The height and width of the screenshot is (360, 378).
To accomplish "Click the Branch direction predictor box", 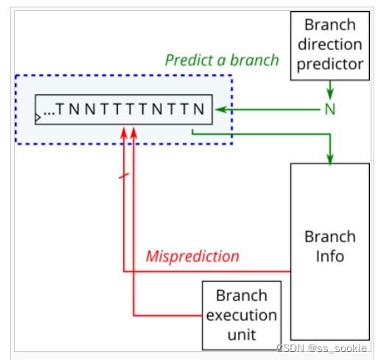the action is pos(330,46).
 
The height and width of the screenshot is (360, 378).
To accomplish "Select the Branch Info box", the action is pos(330,252).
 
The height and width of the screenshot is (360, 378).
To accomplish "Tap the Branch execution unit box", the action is pos(242,315).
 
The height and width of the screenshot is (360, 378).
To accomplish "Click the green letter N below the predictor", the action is pos(330,109).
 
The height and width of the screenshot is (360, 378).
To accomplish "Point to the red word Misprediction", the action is pos(192,256).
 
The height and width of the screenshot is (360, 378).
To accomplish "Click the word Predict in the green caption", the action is pos(189,60).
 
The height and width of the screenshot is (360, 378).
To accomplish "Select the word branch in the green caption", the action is pos(255,60).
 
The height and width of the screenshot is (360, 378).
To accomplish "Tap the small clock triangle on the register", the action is pos(38,118).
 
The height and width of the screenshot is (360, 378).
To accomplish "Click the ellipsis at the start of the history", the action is pos(49,113).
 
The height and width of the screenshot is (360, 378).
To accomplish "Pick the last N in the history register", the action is pos(199,109).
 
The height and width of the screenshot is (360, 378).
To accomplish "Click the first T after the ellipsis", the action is pos(60,109).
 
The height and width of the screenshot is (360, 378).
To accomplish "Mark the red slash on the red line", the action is pos(124,176).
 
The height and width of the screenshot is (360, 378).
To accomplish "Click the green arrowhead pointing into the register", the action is pos(220,110).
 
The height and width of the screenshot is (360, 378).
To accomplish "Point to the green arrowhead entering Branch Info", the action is pos(330,159).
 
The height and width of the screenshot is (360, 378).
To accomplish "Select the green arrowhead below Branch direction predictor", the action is pos(330,94).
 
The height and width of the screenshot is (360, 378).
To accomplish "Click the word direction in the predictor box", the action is pos(330,44).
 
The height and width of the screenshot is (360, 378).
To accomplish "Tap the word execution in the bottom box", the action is pos(242,315).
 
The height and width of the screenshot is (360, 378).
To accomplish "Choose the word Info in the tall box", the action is pos(330,256).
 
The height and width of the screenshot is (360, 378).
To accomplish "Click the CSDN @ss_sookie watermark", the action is pos(322,348).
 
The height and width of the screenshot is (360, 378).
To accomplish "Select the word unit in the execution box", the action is pos(242,335).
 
